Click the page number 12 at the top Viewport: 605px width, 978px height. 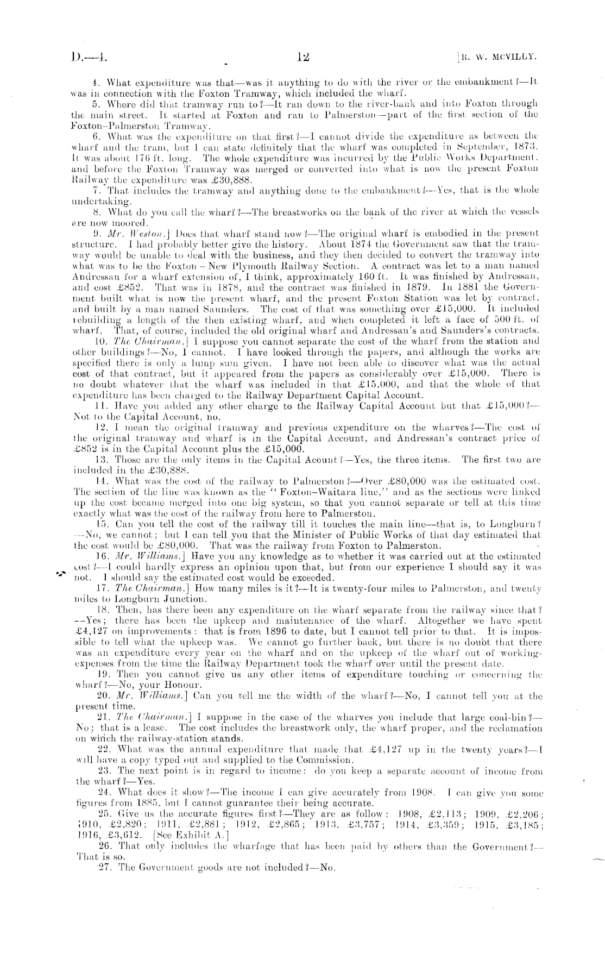pos(303,55)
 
